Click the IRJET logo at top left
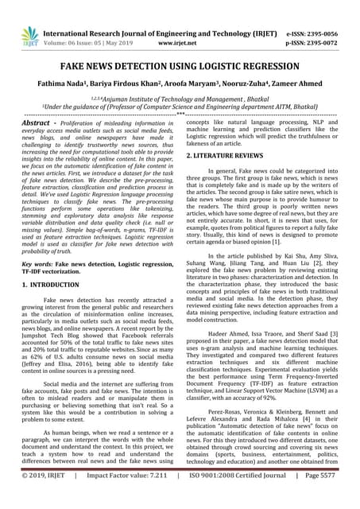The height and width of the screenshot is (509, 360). click(x=29, y=34)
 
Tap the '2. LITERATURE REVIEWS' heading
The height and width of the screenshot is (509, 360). click(x=232, y=156)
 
